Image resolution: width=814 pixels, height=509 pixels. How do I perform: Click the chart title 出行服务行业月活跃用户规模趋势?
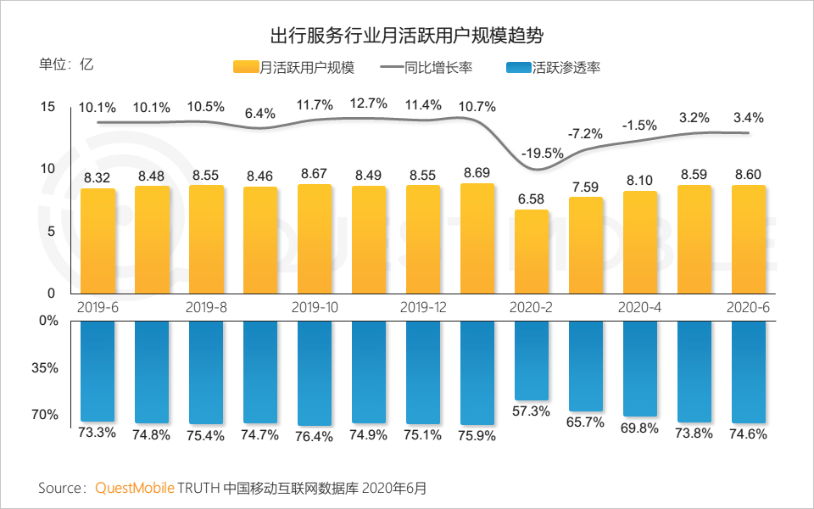click(x=406, y=36)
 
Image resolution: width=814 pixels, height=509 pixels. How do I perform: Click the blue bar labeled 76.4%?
click(x=315, y=372)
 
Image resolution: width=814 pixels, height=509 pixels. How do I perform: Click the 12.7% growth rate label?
click(x=368, y=103)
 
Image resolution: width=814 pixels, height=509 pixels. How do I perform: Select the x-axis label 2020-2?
click(x=531, y=306)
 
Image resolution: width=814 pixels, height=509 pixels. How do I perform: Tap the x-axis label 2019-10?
click(x=314, y=306)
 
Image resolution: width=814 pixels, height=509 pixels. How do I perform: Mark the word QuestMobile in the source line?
click(x=135, y=488)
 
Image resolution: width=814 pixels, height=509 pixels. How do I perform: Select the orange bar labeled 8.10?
click(x=640, y=243)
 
